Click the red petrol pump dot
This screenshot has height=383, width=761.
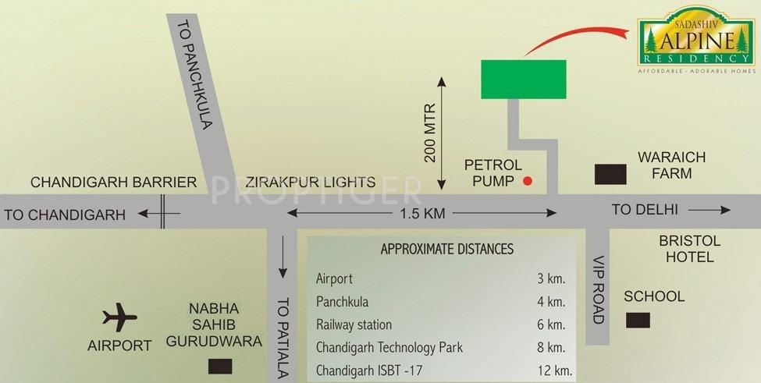[x=527, y=182]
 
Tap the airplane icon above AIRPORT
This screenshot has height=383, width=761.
[x=120, y=317]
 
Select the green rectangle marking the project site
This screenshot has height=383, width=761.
[x=522, y=79]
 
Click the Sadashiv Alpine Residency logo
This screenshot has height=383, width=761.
[x=695, y=44]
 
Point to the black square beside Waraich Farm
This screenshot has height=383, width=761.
[x=610, y=174]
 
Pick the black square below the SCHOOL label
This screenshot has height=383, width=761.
[x=638, y=320]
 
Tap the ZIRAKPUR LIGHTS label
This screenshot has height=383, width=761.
[x=310, y=183]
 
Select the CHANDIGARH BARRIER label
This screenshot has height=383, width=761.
[x=113, y=183]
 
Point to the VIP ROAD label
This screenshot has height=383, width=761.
[x=599, y=289]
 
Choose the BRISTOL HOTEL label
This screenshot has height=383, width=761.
[x=689, y=249]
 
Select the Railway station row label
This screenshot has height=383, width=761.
[x=354, y=324]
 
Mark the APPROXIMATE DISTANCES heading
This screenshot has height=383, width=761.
[x=446, y=250]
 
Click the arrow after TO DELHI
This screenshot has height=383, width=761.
[x=711, y=210]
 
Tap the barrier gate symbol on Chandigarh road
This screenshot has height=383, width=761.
[x=163, y=212]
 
